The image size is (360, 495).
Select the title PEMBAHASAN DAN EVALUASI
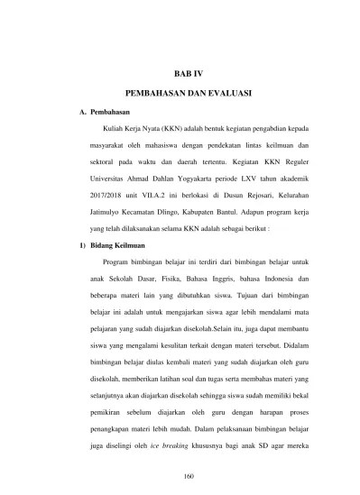189,93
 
